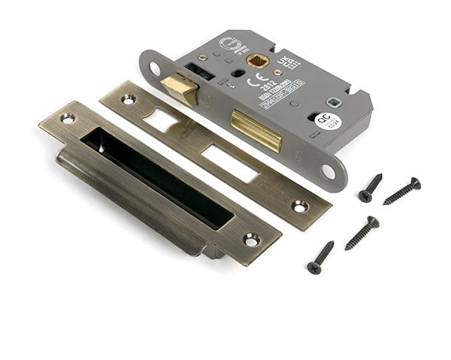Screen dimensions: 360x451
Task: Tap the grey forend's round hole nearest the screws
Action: (328, 172)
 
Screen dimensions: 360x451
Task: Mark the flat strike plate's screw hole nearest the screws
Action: (300, 205)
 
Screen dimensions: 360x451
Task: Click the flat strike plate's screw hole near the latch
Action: (128, 98)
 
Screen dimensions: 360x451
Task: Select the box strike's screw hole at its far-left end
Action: (68, 118)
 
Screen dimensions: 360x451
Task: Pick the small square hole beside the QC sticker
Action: (330, 103)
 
